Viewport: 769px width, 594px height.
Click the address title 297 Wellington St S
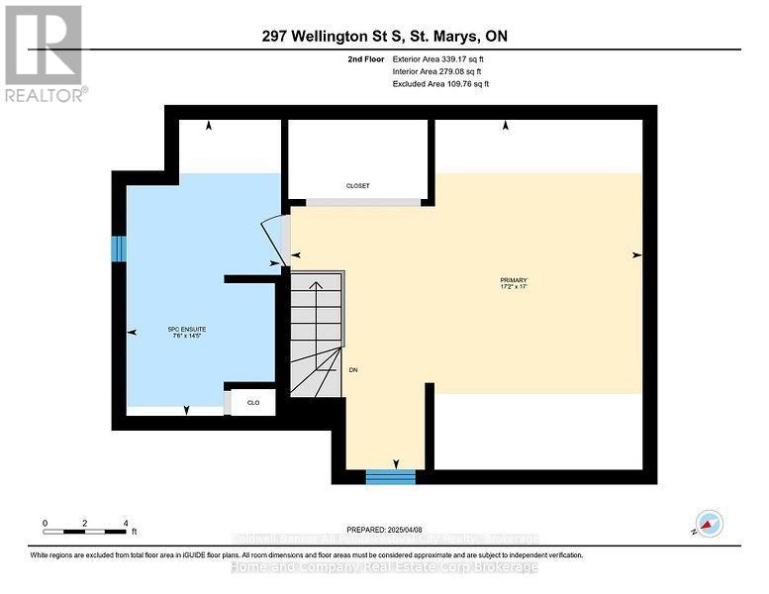coord(384,37)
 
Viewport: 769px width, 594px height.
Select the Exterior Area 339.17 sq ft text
coord(437,60)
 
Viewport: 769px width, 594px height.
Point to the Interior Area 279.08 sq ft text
coord(437,72)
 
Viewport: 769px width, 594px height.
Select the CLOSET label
coord(357,186)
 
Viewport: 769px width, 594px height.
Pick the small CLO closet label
coord(252,403)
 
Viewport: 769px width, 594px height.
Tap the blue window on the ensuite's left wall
coord(119,248)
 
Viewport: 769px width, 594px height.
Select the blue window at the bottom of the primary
coord(390,477)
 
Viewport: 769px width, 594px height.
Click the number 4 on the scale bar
coord(126,522)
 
